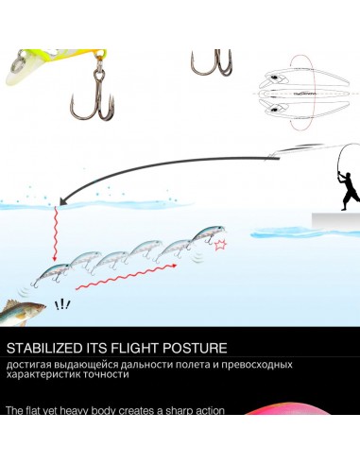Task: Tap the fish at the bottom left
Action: tap(22, 313)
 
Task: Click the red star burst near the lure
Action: tap(220, 245)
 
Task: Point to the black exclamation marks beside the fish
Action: tap(62, 305)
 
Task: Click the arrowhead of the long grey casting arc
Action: tap(64, 201)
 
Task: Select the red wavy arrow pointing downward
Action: tap(56, 233)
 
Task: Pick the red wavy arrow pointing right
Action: tap(126, 277)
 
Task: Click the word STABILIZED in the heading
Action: tap(44, 348)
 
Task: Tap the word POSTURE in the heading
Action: tap(195, 348)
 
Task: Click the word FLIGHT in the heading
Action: tap(135, 348)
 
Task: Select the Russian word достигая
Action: tap(28, 365)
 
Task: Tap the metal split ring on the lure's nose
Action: tap(17, 62)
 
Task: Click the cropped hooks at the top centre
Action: tap(212, 62)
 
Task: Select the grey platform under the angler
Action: tap(335, 219)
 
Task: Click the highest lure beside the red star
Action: tap(209, 234)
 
